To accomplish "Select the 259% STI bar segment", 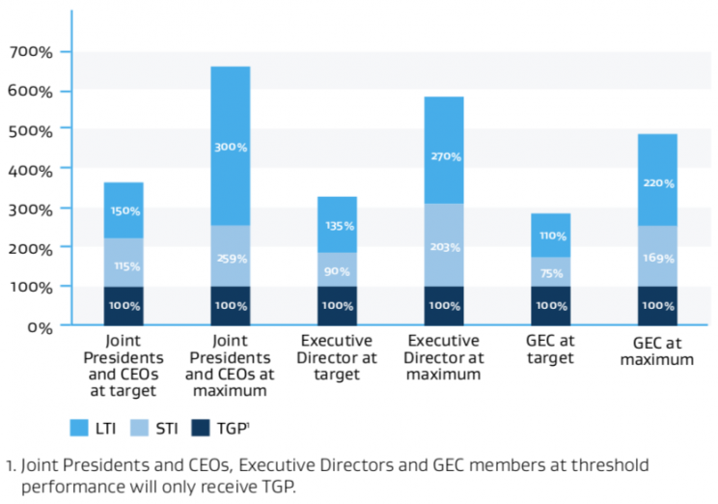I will click(230, 257).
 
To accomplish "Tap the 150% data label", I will click(124, 210).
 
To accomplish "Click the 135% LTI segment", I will click(337, 225).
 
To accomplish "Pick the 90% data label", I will click(337, 271).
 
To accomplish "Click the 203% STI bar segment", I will click(444, 245).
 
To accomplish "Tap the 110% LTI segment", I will click(550, 235).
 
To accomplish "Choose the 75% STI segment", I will click(550, 273).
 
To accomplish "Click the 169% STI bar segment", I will click(656, 257).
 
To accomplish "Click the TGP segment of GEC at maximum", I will click(656, 306).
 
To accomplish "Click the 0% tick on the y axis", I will click(39, 327).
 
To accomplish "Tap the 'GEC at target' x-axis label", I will click(550, 350).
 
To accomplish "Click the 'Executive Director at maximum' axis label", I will click(444, 357).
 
